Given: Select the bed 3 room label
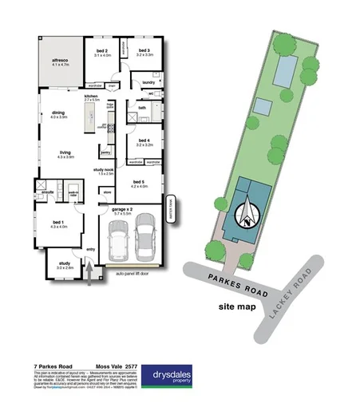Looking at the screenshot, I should point(144,51).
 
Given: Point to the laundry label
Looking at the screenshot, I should point(148,82).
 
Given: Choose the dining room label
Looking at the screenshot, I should point(58,113).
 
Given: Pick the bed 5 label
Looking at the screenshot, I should point(139,183).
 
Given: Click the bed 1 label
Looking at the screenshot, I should point(57,224).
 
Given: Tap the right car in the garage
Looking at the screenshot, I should point(145,236).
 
